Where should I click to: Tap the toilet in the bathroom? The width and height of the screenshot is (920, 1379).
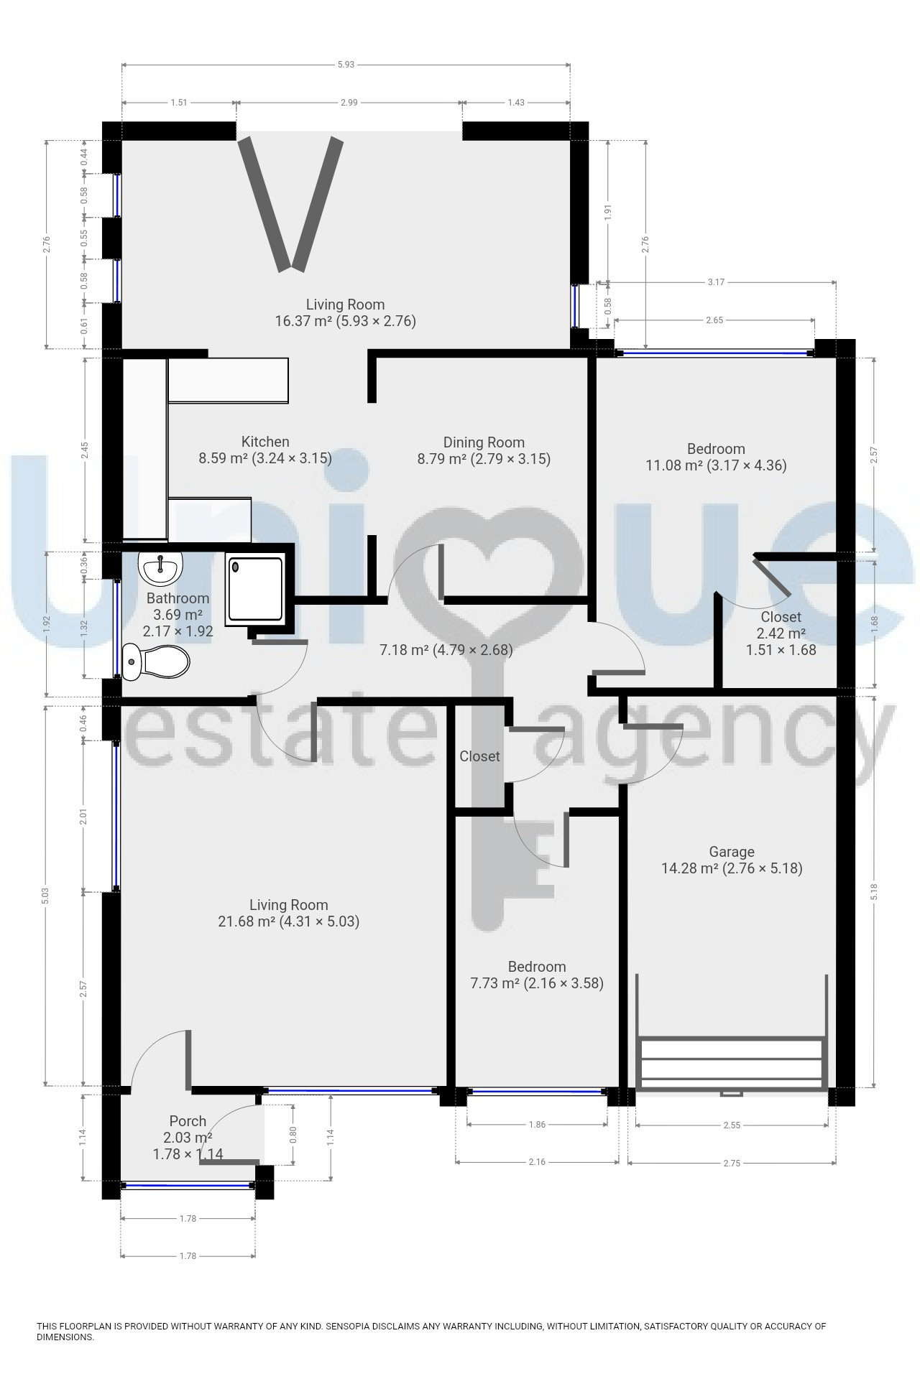(x=156, y=661)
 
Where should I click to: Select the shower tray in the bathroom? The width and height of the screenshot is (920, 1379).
(x=254, y=589)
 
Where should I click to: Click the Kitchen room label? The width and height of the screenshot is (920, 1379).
(x=265, y=442)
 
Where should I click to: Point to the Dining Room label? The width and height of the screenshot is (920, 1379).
(x=484, y=442)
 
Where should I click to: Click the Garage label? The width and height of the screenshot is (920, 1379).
(x=732, y=852)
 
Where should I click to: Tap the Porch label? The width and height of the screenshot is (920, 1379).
(x=188, y=1121)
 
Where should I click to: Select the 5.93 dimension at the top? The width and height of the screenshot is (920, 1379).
(x=346, y=65)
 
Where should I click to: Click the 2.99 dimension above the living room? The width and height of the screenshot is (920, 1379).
(x=349, y=103)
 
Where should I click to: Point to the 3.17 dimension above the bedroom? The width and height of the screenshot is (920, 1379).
(x=716, y=282)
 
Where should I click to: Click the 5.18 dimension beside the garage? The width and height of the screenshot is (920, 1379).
(x=875, y=891)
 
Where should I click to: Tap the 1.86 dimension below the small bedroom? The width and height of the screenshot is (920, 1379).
(x=537, y=1125)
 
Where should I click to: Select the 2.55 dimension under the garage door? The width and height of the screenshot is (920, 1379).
(x=732, y=1125)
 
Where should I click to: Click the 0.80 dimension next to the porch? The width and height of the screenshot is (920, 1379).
(x=293, y=1135)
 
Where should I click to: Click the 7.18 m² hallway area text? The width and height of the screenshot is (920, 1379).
(x=404, y=650)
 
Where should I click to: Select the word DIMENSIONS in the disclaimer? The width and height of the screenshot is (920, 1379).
(x=65, y=1337)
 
